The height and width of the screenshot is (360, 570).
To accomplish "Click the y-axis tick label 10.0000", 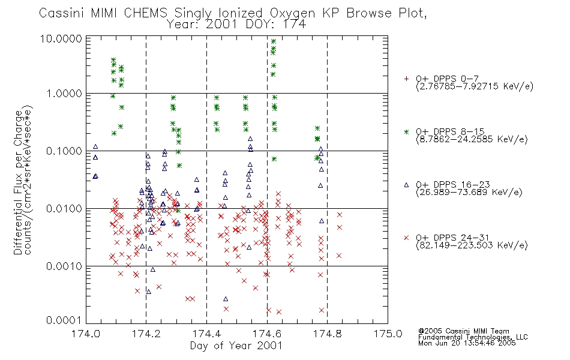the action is tap(61, 38).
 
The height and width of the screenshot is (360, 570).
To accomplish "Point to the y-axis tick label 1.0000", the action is tap(64, 94).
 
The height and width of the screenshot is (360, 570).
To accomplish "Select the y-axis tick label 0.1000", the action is tap(64, 151).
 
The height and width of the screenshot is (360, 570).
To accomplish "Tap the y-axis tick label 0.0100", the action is tap(64, 209).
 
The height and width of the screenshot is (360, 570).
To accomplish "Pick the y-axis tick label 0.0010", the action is tap(64, 266).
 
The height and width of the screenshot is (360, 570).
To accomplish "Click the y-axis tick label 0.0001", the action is tap(64, 320).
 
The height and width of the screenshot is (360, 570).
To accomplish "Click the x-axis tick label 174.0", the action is tap(85, 334).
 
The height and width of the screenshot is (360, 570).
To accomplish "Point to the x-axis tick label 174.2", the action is tap(146, 334).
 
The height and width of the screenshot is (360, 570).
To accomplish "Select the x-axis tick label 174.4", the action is tap(206, 334).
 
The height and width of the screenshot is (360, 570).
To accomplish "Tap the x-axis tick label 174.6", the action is tap(267, 334).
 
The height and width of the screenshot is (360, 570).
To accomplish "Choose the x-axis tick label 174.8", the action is tap(327, 334).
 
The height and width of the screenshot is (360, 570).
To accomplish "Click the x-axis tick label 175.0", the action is tap(388, 334).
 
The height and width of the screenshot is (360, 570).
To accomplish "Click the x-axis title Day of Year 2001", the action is tap(236, 346).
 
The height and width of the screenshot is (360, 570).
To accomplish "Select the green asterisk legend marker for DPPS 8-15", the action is tap(406, 132).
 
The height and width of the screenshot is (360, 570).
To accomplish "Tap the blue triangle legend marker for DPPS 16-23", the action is tap(406, 185).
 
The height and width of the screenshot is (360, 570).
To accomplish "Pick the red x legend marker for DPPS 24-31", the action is tap(406, 238).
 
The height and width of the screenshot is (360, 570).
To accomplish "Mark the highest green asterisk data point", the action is tap(274, 41).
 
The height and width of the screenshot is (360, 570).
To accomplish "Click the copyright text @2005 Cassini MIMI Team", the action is tap(463, 331).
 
